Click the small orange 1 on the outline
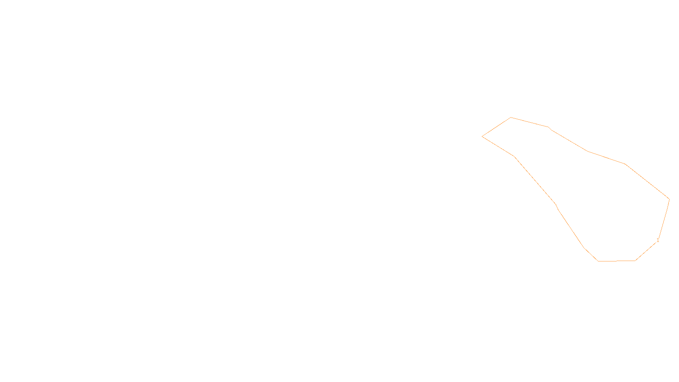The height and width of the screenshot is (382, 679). click(x=658, y=240)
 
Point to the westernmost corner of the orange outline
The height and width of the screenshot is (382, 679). click(x=482, y=136)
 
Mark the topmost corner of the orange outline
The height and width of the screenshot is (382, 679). click(x=511, y=117)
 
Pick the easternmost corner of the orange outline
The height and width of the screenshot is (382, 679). click(x=669, y=199)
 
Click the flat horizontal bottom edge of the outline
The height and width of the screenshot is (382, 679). click(x=616, y=261)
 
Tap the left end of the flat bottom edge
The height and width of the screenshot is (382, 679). click(x=598, y=261)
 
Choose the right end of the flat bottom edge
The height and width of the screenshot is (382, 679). click(x=635, y=261)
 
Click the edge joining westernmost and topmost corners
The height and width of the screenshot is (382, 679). click(x=497, y=127)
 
